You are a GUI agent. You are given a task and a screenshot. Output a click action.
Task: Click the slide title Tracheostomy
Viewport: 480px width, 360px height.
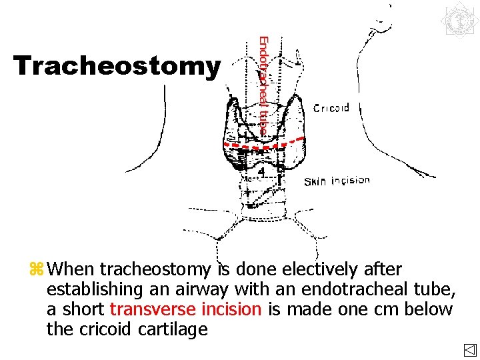tap(117, 66)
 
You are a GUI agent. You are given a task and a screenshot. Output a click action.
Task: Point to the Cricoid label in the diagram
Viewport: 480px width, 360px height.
tap(331, 109)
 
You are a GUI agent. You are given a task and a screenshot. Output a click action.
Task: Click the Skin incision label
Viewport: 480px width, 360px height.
tap(337, 181)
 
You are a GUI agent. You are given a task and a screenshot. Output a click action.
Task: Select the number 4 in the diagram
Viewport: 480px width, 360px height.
tap(262, 171)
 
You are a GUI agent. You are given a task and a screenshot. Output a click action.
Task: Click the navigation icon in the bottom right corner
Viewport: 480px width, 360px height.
tap(469, 350)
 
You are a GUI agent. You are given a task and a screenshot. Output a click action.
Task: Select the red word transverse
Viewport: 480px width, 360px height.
tap(151, 309)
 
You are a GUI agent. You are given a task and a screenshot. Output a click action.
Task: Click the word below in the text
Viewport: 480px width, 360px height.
tap(431, 309)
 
